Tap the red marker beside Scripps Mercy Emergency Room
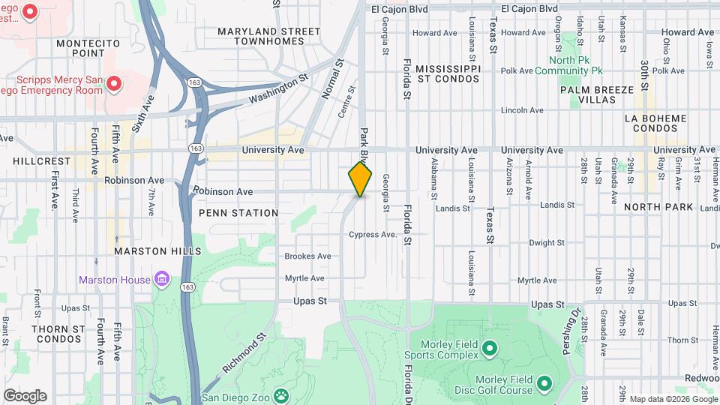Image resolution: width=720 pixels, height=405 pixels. pos(114,82)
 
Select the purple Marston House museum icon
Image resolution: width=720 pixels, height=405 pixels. pos(161,280)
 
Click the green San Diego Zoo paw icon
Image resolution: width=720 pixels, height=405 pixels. pos(280,394)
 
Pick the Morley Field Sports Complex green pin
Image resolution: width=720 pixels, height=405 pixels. pos(489,348)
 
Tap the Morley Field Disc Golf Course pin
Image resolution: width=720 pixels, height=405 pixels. pos(544,384)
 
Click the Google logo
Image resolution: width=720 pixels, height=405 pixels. pos(25,396)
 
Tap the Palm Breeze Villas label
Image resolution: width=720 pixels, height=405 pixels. pos(597,95)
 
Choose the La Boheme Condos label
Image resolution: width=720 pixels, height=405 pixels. pos(655,123)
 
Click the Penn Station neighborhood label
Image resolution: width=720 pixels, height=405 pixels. pos(238,213)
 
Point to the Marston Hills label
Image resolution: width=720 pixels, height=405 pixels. pos(157,250)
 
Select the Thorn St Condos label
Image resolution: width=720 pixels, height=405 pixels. pos(58,334)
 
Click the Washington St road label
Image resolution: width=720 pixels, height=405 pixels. pos(279,88)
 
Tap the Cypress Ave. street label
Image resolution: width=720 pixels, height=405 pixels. pos(373,235)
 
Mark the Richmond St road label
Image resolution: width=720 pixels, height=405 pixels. pos(244,354)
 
